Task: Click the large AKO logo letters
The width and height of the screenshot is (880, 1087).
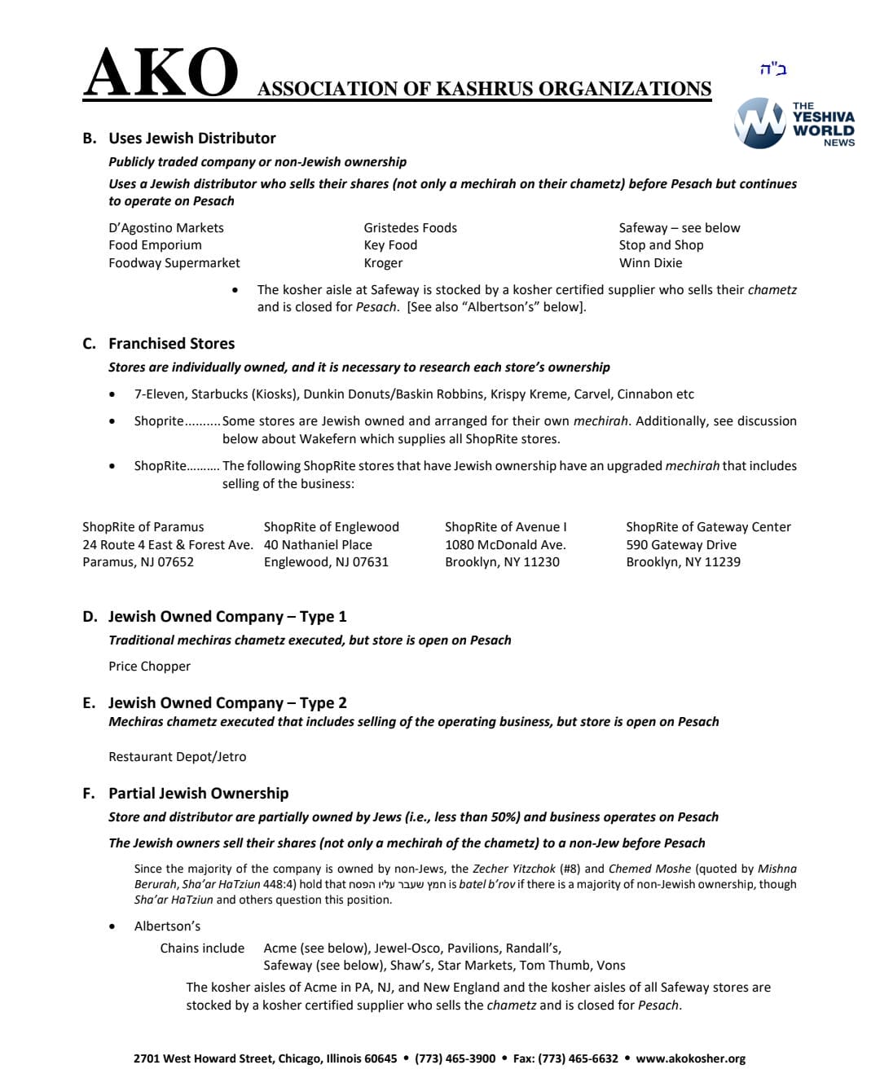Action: [161, 73]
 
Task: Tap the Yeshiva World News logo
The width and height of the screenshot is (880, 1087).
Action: [794, 124]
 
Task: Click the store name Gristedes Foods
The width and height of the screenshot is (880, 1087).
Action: [410, 228]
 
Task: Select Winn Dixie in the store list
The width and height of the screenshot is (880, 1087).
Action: [650, 263]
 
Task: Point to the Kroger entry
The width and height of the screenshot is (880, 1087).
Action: [383, 263]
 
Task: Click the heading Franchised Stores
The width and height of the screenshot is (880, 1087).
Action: [171, 344]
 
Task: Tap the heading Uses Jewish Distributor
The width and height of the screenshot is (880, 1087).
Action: [192, 139]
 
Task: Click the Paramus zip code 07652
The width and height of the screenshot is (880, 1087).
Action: [174, 562]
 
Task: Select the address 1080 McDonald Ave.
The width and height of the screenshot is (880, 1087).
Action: [505, 545]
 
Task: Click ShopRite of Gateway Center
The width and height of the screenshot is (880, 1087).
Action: [708, 527]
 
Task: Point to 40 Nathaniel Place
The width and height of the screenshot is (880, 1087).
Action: [318, 545]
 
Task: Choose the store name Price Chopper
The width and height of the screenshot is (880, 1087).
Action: [149, 667]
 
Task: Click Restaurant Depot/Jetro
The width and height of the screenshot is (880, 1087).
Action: [177, 757]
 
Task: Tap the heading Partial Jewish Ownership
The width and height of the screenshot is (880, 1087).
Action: [198, 794]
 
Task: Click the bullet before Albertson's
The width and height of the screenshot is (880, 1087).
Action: [112, 926]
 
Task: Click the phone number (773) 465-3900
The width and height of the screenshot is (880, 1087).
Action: [455, 1058]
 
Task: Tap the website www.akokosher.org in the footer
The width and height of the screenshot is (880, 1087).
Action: [690, 1058]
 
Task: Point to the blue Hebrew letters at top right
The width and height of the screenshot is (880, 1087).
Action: [772, 69]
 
